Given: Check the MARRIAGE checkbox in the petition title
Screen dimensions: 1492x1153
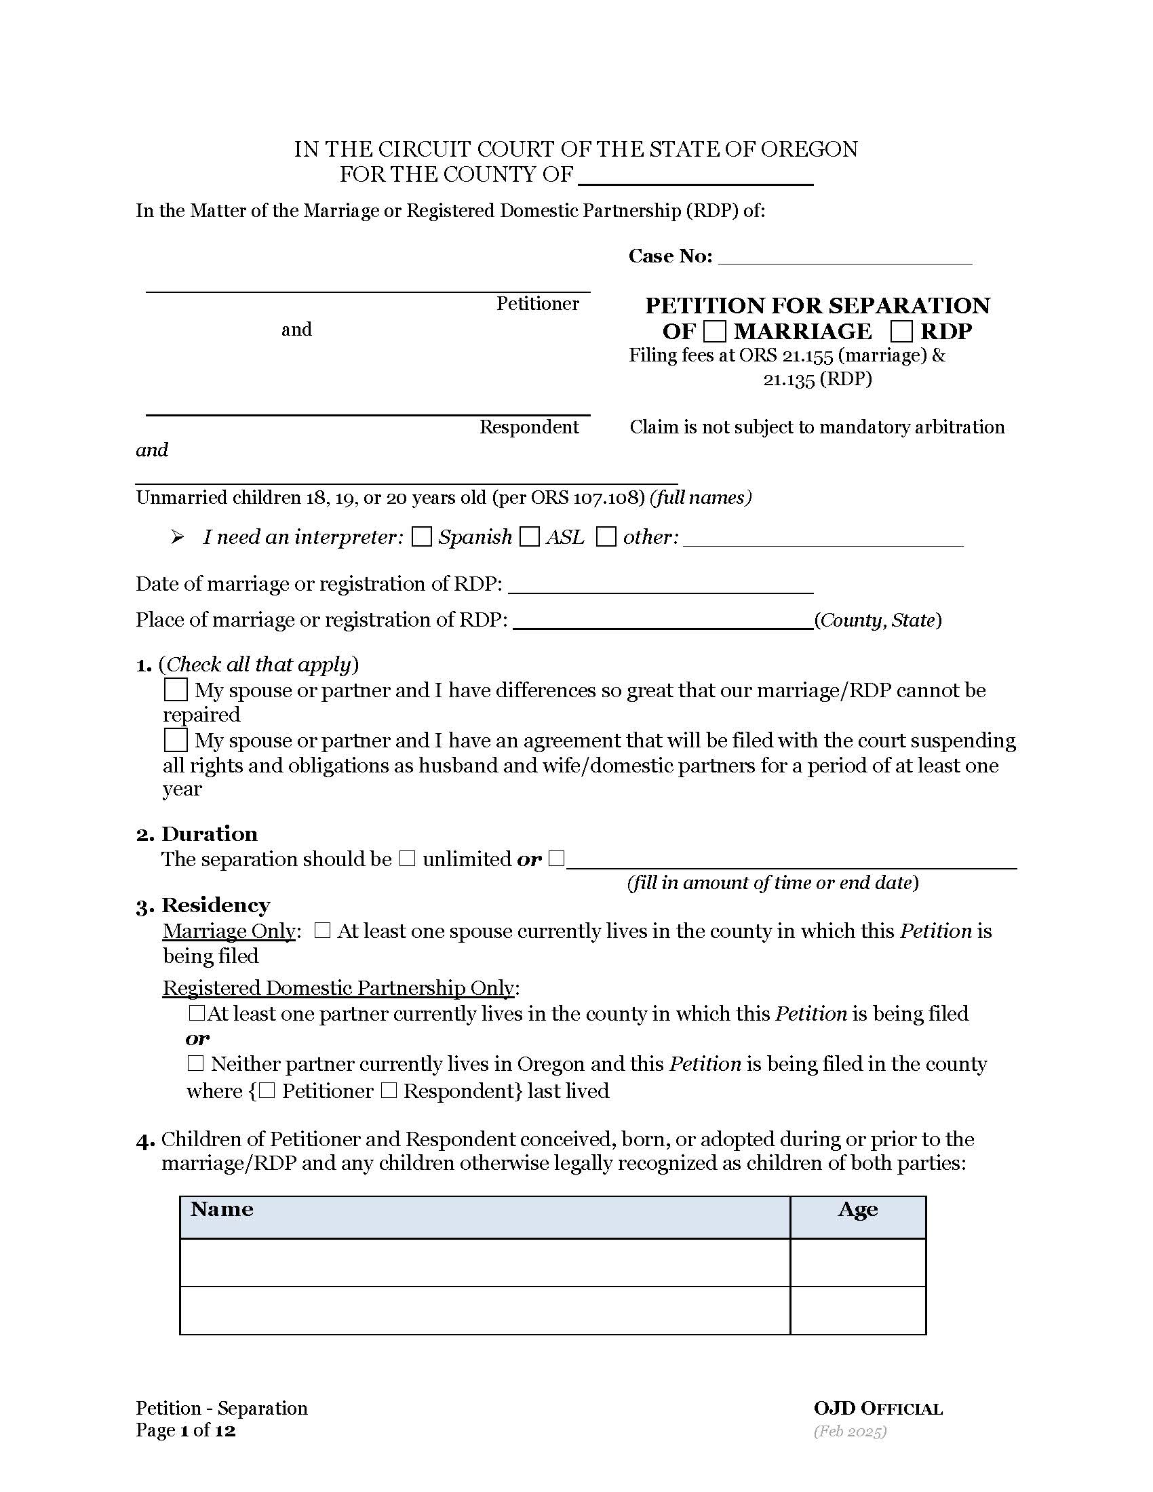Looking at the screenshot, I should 714,332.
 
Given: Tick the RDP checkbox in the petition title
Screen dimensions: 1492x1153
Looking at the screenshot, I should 901,332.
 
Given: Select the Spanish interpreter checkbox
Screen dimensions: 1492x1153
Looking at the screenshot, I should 421,537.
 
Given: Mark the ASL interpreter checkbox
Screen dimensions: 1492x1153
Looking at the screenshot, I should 530,537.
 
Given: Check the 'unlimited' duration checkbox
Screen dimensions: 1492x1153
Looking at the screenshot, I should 407,859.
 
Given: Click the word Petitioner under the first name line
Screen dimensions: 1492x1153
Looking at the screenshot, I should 537,304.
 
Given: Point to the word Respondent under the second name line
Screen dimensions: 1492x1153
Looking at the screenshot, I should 529,427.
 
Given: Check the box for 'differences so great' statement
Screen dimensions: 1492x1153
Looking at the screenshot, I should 176,690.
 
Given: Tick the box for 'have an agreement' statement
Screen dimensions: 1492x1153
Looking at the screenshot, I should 176,741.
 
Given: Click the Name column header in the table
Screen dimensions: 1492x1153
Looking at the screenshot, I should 222,1209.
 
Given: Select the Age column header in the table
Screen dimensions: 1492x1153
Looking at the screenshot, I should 857,1209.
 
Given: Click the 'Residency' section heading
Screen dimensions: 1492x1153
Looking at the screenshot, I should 215,905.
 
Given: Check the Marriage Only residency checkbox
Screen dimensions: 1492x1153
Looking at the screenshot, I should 322,931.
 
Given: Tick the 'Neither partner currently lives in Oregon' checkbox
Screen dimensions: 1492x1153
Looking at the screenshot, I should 195,1063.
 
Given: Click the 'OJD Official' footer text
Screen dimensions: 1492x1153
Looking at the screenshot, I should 878,1409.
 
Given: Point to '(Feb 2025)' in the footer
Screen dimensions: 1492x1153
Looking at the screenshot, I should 850,1431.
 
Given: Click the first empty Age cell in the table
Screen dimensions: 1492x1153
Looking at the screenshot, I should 857,1263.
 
